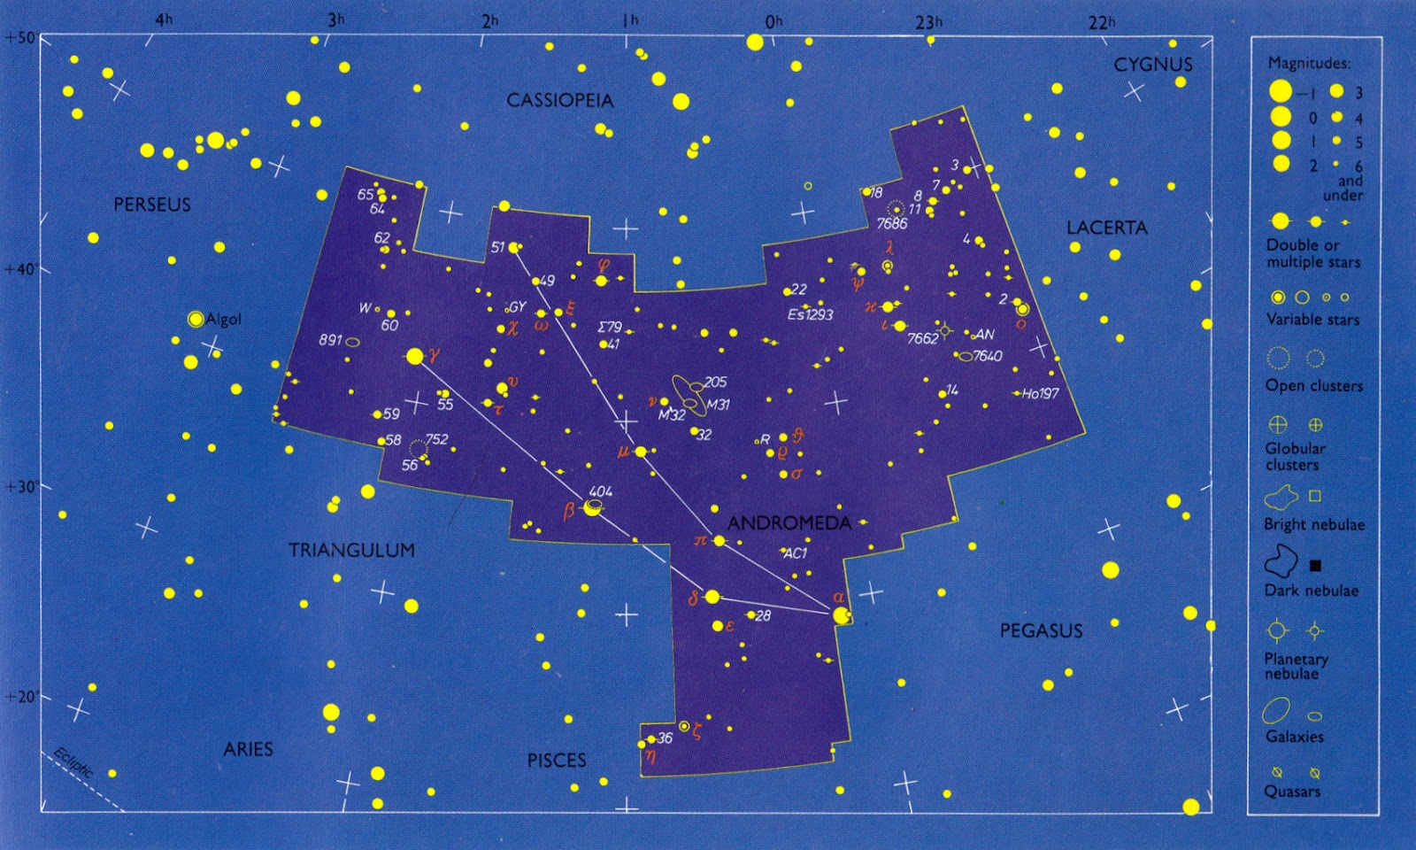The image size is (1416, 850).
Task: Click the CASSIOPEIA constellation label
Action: (559, 100)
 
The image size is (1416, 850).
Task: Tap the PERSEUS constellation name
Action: (152, 205)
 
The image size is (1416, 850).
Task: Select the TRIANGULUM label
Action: (351, 550)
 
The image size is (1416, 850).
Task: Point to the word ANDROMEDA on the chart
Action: (789, 522)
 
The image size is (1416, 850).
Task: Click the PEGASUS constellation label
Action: (1041, 630)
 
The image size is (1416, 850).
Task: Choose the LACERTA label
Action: (1106, 228)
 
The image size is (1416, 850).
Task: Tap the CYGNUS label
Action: (1153, 65)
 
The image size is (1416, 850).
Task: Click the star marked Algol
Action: (196, 319)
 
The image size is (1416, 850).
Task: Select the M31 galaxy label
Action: (718, 405)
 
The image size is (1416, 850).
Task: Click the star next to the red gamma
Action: (414, 356)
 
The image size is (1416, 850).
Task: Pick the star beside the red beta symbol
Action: (592, 508)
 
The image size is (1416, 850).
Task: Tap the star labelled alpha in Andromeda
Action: (841, 614)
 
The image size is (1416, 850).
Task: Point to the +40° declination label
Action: (19, 269)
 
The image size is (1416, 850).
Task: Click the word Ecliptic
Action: (73, 762)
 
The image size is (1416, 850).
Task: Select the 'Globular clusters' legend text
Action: (1295, 456)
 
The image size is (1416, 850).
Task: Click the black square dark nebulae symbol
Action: (1315, 566)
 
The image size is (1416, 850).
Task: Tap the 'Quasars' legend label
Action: (1292, 792)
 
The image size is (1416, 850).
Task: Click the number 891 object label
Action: (330, 340)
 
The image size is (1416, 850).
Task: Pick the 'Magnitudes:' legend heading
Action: (1309, 63)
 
